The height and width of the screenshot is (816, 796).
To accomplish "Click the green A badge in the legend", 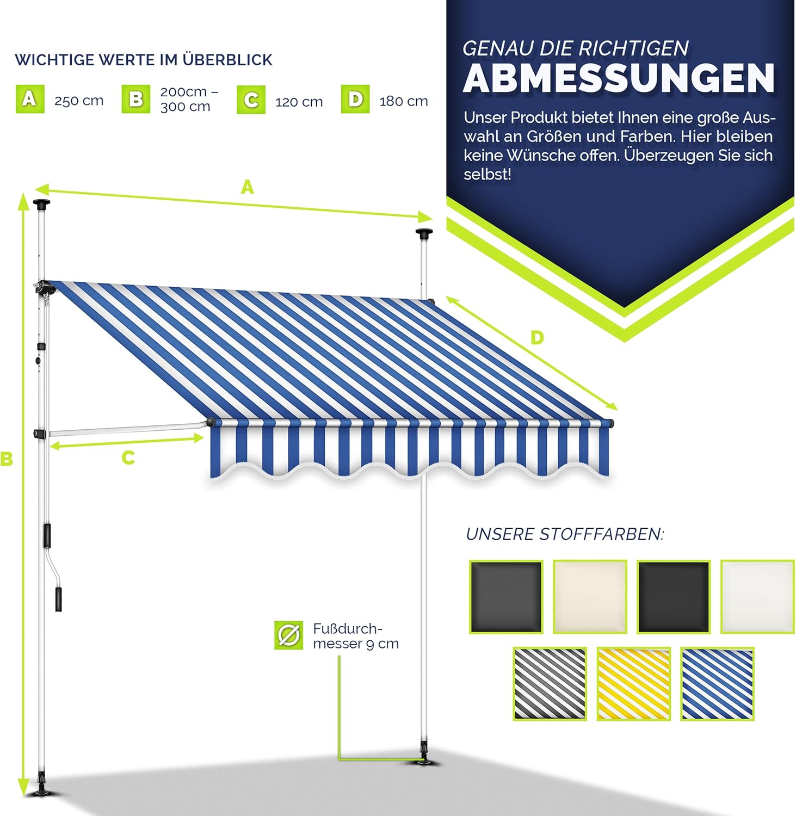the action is click(x=30, y=100).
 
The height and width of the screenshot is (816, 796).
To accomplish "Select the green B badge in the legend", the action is click(x=136, y=100).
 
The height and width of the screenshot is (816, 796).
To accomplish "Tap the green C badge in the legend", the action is click(x=251, y=100).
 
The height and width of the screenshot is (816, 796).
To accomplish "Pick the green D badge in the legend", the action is click(x=355, y=100).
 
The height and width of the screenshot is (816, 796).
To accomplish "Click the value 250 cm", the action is click(x=79, y=101).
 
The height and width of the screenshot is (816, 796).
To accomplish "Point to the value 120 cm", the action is click(x=299, y=102).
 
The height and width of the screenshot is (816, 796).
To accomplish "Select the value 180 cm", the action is click(x=404, y=101).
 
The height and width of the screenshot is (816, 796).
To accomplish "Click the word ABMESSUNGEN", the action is click(x=619, y=79).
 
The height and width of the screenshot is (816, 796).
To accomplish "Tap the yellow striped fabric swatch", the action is click(x=633, y=684).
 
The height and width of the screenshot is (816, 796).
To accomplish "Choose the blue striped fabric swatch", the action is click(x=717, y=684).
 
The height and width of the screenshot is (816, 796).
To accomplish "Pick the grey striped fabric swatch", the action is click(x=550, y=684).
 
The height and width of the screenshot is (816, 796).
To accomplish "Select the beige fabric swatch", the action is click(x=590, y=597).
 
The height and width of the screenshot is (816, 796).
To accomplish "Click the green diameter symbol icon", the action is click(x=288, y=635).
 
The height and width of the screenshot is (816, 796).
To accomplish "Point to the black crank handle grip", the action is click(x=58, y=599).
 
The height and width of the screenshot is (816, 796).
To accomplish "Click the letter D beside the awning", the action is click(x=537, y=338).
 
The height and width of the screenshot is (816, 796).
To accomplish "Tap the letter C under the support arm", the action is click(x=128, y=458).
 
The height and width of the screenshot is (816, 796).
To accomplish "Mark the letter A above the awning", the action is click(x=248, y=188).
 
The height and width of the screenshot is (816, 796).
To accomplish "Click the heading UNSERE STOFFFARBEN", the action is click(x=565, y=534).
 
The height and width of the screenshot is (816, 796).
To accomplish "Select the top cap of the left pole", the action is click(x=41, y=205).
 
